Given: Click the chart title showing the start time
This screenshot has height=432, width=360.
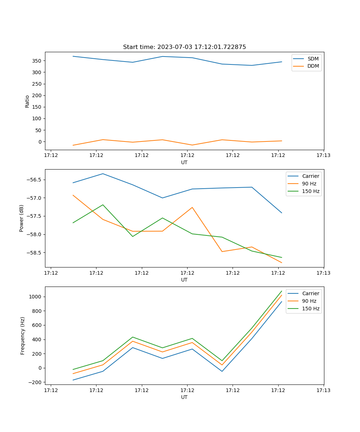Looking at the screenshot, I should (x=184, y=47).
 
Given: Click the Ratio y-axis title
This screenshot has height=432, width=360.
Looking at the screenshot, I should (x=27, y=101).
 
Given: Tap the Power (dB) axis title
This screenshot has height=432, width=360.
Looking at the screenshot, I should (x=22, y=218).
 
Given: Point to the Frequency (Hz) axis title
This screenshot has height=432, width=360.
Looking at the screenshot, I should (x=23, y=336).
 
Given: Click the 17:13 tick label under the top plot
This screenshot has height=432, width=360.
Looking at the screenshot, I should (x=323, y=156).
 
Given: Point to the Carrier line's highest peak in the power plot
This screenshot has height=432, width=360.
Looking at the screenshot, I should (x=103, y=174).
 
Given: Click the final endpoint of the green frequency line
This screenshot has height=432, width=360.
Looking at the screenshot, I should (x=282, y=291).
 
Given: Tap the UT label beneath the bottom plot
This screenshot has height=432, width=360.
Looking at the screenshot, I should (x=184, y=397).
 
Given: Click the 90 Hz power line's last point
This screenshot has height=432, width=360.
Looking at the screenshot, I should (x=282, y=263).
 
